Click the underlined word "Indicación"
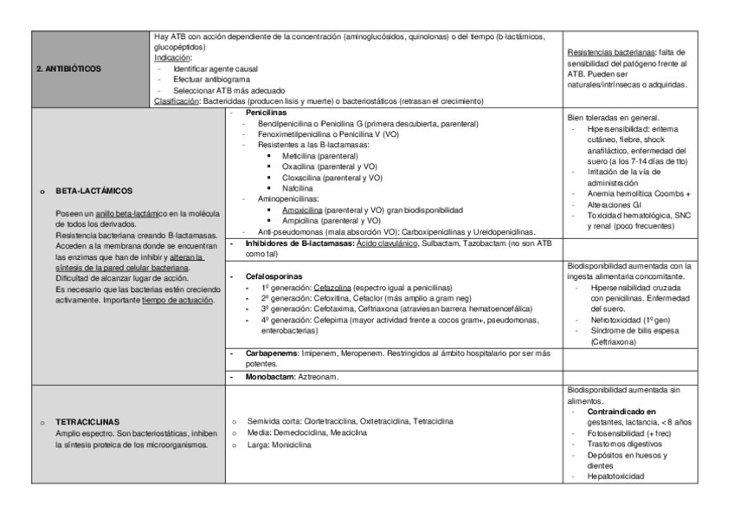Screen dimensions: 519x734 click(173, 58)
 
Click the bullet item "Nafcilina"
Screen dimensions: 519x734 click(286, 188)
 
